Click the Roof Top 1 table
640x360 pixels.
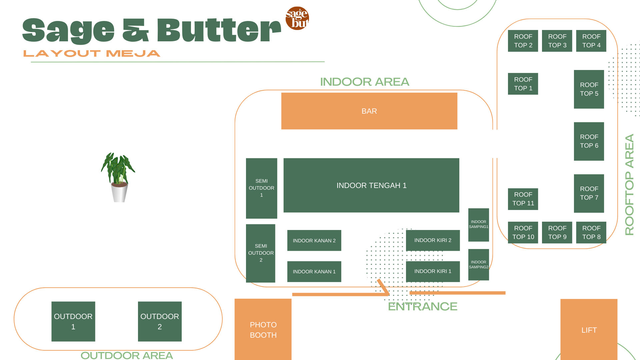[523, 84]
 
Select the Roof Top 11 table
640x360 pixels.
[523, 199]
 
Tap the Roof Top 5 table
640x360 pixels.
[589, 89]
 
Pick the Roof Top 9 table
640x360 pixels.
[557, 232]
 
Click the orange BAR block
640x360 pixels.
[369, 111]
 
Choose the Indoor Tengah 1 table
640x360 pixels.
[371, 185]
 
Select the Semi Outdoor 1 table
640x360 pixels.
[261, 188]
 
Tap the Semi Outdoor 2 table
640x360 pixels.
[261, 253]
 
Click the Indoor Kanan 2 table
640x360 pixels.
[314, 240]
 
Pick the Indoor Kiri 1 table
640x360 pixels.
[433, 271]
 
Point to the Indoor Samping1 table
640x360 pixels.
[478, 225]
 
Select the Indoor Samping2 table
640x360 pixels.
[478, 265]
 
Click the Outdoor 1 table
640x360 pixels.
[73, 321]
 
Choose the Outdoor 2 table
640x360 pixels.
[160, 321]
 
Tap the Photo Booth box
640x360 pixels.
[263, 329]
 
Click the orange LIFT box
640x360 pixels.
[589, 329]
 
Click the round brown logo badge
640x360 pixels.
[297, 18]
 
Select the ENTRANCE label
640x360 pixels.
[422, 306]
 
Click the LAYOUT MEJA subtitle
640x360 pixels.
[92, 53]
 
